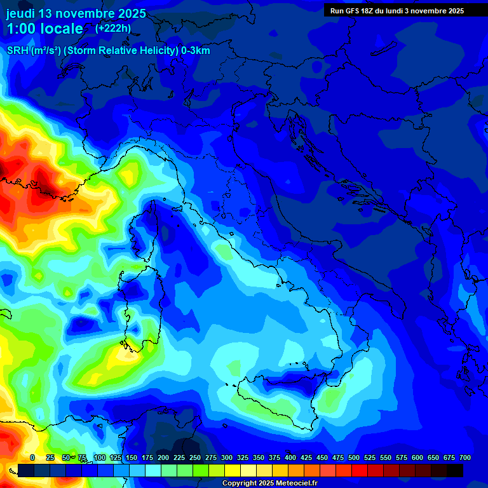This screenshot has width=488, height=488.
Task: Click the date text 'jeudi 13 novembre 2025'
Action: pos(76,13)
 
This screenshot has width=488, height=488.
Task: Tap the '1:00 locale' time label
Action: pos(44,29)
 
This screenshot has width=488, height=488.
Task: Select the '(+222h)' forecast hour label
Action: pos(113,28)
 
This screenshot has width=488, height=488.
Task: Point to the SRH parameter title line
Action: pos(108,51)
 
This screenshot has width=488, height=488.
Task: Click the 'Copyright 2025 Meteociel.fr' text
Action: pos(269,484)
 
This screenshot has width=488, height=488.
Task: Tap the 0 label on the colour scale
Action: pos(32,457)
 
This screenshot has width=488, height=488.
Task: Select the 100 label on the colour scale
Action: pos(100,457)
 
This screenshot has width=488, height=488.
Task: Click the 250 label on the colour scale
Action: pos(195,457)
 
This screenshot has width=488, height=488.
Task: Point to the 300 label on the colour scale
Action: pos(227,457)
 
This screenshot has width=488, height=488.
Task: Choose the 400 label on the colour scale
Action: pos(290,457)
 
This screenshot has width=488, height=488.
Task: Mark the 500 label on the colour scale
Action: pos(354,457)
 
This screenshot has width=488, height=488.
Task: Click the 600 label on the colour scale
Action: pos(417,457)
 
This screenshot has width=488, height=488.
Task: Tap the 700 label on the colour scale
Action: pos(465,457)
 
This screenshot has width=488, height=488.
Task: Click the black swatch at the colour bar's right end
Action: pos(455,470)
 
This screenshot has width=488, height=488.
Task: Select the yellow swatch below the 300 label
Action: pos(233,470)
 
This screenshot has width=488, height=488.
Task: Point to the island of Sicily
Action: pos(280,394)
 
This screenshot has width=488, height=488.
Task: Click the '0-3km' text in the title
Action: pos(196,51)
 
